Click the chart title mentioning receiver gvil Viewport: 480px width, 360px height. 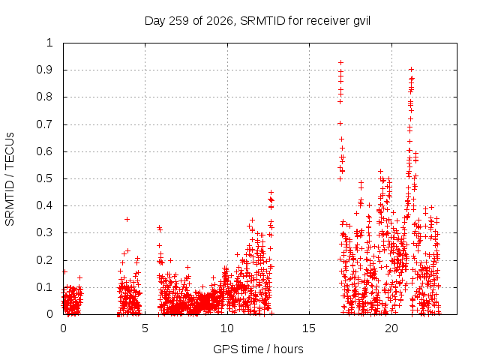257,21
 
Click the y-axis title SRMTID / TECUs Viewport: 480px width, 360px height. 10,179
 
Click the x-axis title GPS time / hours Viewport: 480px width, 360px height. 258,349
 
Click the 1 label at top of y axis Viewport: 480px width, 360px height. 50,43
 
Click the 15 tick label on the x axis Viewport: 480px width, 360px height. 308,328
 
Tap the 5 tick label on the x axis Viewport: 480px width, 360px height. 145,328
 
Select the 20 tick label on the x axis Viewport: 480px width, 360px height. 391,328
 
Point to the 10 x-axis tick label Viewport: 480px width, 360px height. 226,328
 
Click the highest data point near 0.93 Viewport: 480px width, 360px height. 340,63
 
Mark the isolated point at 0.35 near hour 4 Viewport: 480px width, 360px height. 127,219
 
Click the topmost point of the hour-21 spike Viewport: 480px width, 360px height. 412,69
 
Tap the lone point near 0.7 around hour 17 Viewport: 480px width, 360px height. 340,123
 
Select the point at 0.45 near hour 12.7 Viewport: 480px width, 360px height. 271,192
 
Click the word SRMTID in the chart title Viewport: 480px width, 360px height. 262,21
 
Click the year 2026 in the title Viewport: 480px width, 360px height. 219,22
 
